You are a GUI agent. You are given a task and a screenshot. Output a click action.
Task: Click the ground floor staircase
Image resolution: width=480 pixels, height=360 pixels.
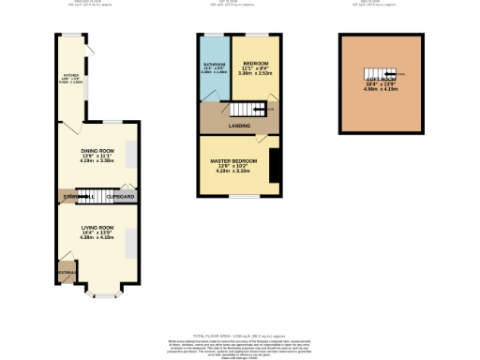85,197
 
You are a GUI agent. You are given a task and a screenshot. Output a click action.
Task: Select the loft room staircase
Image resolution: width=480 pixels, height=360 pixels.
379,74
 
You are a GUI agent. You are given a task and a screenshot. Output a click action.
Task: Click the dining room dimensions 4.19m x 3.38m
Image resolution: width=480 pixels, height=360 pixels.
98,161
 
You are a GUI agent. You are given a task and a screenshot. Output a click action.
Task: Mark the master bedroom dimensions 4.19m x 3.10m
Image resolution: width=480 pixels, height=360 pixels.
234,172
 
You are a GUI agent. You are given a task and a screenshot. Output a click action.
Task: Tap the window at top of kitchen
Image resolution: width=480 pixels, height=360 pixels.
70,36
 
